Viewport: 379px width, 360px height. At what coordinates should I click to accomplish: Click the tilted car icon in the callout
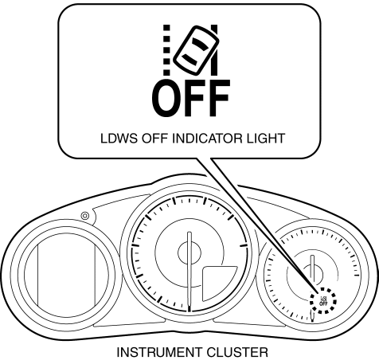pos(196,50)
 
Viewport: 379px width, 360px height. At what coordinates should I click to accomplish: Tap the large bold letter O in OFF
pos(166,98)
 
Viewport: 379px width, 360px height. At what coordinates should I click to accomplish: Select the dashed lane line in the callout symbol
pos(166,50)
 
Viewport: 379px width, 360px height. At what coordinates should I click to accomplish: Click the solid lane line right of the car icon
pos(215,50)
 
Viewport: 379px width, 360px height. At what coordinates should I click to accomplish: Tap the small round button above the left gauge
pos(85,216)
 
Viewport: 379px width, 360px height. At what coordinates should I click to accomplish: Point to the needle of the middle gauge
pos(189,271)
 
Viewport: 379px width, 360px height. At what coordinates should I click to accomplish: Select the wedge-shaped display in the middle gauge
pos(217,283)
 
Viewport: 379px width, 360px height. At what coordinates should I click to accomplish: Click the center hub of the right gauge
pos(312,274)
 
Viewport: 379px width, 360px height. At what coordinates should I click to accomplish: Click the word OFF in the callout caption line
pos(155,139)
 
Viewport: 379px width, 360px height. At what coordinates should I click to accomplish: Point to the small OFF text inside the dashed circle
pos(323,303)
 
